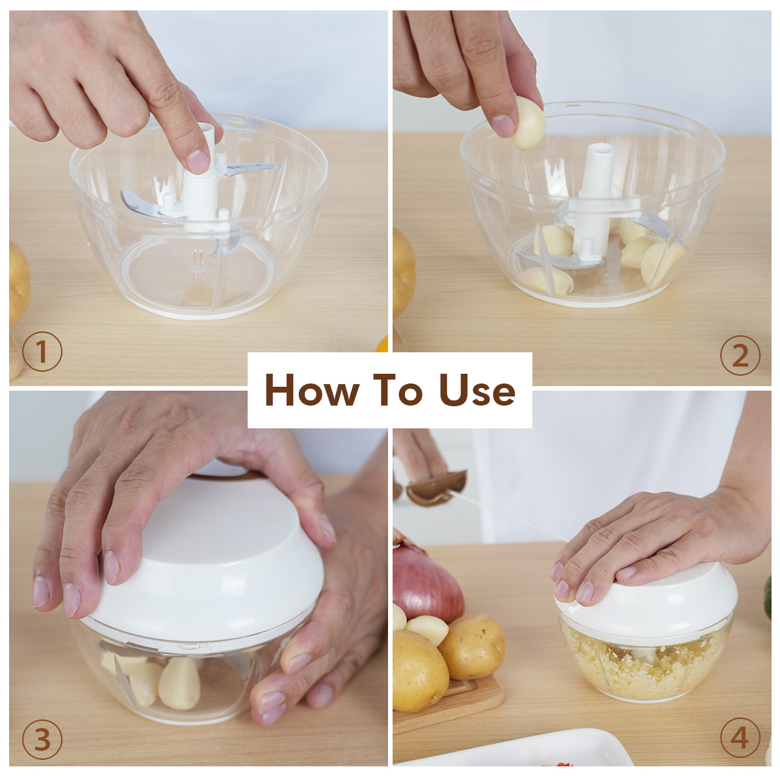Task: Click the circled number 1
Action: click(x=42, y=352)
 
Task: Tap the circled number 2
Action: click(x=740, y=356)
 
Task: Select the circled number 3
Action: click(x=42, y=740)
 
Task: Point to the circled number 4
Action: click(x=740, y=738)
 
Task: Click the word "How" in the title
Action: click(x=312, y=389)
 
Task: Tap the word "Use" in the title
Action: click(x=478, y=390)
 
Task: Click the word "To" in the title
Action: click(x=399, y=389)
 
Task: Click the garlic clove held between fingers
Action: click(x=528, y=123)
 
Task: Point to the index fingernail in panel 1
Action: click(x=198, y=161)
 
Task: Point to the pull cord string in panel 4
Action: click(x=511, y=515)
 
